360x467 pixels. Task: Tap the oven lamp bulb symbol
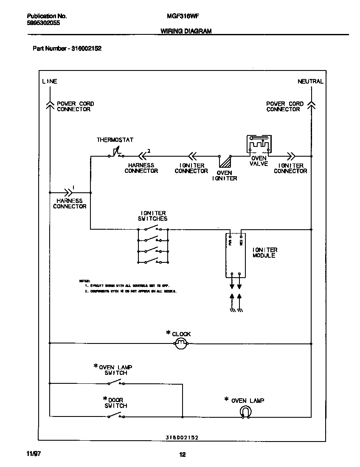(245, 412)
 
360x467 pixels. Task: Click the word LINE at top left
(50, 81)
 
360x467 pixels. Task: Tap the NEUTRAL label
(310, 81)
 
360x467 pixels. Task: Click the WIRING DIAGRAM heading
(186, 31)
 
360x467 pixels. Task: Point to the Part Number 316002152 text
(67, 48)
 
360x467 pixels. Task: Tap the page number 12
(182, 455)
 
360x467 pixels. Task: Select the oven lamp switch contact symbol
(115, 383)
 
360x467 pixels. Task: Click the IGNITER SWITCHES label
(153, 216)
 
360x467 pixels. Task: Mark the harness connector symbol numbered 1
(67, 191)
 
